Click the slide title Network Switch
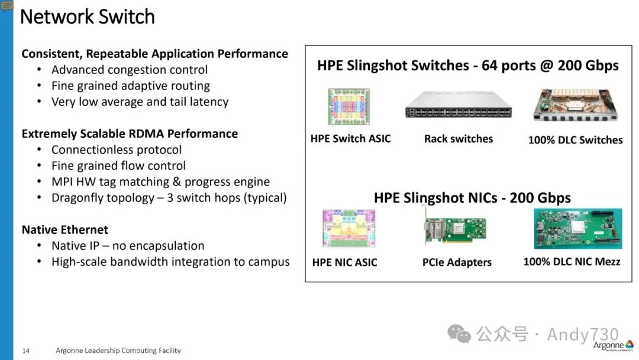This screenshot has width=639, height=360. pos(87,16)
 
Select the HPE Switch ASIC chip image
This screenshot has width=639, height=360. pos(348,107)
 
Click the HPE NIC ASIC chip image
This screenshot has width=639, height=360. pos(348,227)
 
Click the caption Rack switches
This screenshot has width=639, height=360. pos(458,139)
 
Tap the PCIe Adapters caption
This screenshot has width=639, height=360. pos(457,262)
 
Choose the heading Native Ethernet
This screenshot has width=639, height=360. pos(65,230)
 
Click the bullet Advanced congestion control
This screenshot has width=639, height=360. pos(130,70)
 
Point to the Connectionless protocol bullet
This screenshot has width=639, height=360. pos(117,150)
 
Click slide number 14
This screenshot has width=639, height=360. pos(26,351)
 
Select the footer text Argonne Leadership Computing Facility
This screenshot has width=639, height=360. pos(118,351)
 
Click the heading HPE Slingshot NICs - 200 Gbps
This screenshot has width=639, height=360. pos(472,198)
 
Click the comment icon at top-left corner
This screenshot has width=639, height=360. pos(7,6)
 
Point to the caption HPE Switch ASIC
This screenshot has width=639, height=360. pos(350,139)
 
